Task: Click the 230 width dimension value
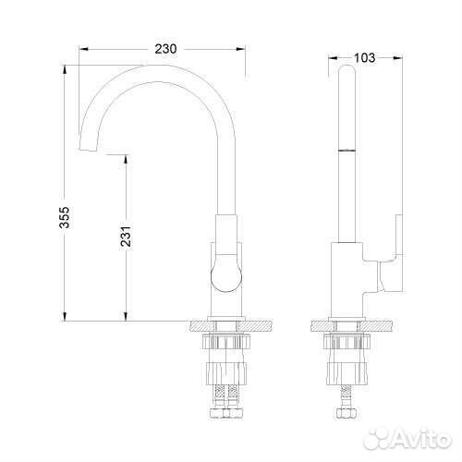165,49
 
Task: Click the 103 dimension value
365,58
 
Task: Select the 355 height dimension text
65,217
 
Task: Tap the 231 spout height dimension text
126,237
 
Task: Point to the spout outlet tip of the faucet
88,150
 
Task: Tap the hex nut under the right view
346,412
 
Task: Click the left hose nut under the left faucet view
217,413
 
